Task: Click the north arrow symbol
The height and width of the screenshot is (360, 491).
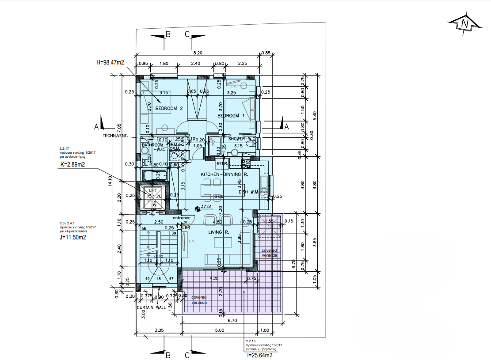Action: coord(464,25)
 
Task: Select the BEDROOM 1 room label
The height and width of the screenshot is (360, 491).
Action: coord(231,116)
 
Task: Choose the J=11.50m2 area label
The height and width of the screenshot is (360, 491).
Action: coord(73,237)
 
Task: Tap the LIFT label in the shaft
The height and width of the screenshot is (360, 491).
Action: coord(152,190)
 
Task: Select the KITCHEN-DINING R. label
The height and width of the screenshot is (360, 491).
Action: coord(225,174)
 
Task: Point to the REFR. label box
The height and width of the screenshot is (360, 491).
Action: coord(222,164)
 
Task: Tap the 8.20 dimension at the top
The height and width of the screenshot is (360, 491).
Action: coord(197,53)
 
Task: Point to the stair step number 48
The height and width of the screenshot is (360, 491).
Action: coord(159,279)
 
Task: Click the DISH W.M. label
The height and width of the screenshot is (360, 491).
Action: coord(248,192)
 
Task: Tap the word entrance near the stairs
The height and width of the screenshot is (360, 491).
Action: coord(181,218)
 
